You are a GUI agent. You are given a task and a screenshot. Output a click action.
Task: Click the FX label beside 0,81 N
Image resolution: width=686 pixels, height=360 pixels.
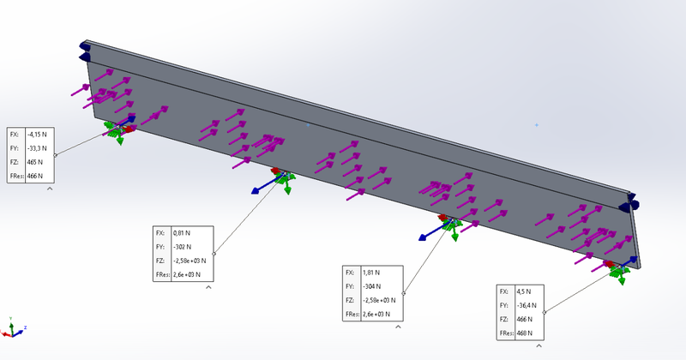point(159,232)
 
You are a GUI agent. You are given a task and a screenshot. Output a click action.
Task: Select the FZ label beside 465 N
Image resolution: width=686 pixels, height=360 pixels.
point(14,161)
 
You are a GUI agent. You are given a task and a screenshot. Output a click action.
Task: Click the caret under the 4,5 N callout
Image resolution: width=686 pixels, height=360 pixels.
point(539,345)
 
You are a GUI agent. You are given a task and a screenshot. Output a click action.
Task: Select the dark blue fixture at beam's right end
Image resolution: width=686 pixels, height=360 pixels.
point(634,204)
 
